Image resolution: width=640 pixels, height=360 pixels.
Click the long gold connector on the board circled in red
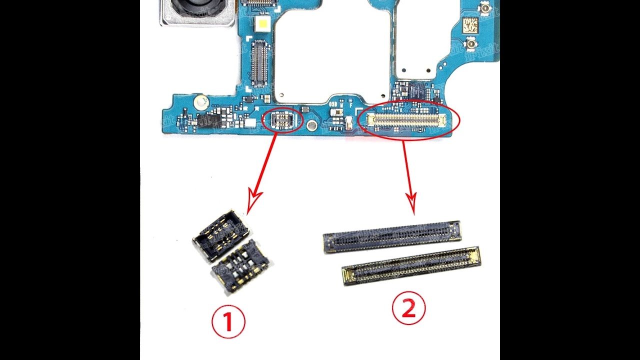pyautogui.click(x=406, y=119)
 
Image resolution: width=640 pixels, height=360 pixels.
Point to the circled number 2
pyautogui.click(x=408, y=309)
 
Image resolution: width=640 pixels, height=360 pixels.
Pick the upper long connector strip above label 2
pyautogui.click(x=391, y=236)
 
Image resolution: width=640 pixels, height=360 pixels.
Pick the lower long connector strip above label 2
pyautogui.click(x=411, y=265)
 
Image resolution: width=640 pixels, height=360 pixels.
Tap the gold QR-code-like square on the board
pyautogui.click(x=470, y=25)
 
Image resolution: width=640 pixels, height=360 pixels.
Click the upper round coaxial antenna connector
pyautogui.click(x=484, y=8)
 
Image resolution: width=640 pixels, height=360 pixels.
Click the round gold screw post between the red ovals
pyautogui.click(x=311, y=124)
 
